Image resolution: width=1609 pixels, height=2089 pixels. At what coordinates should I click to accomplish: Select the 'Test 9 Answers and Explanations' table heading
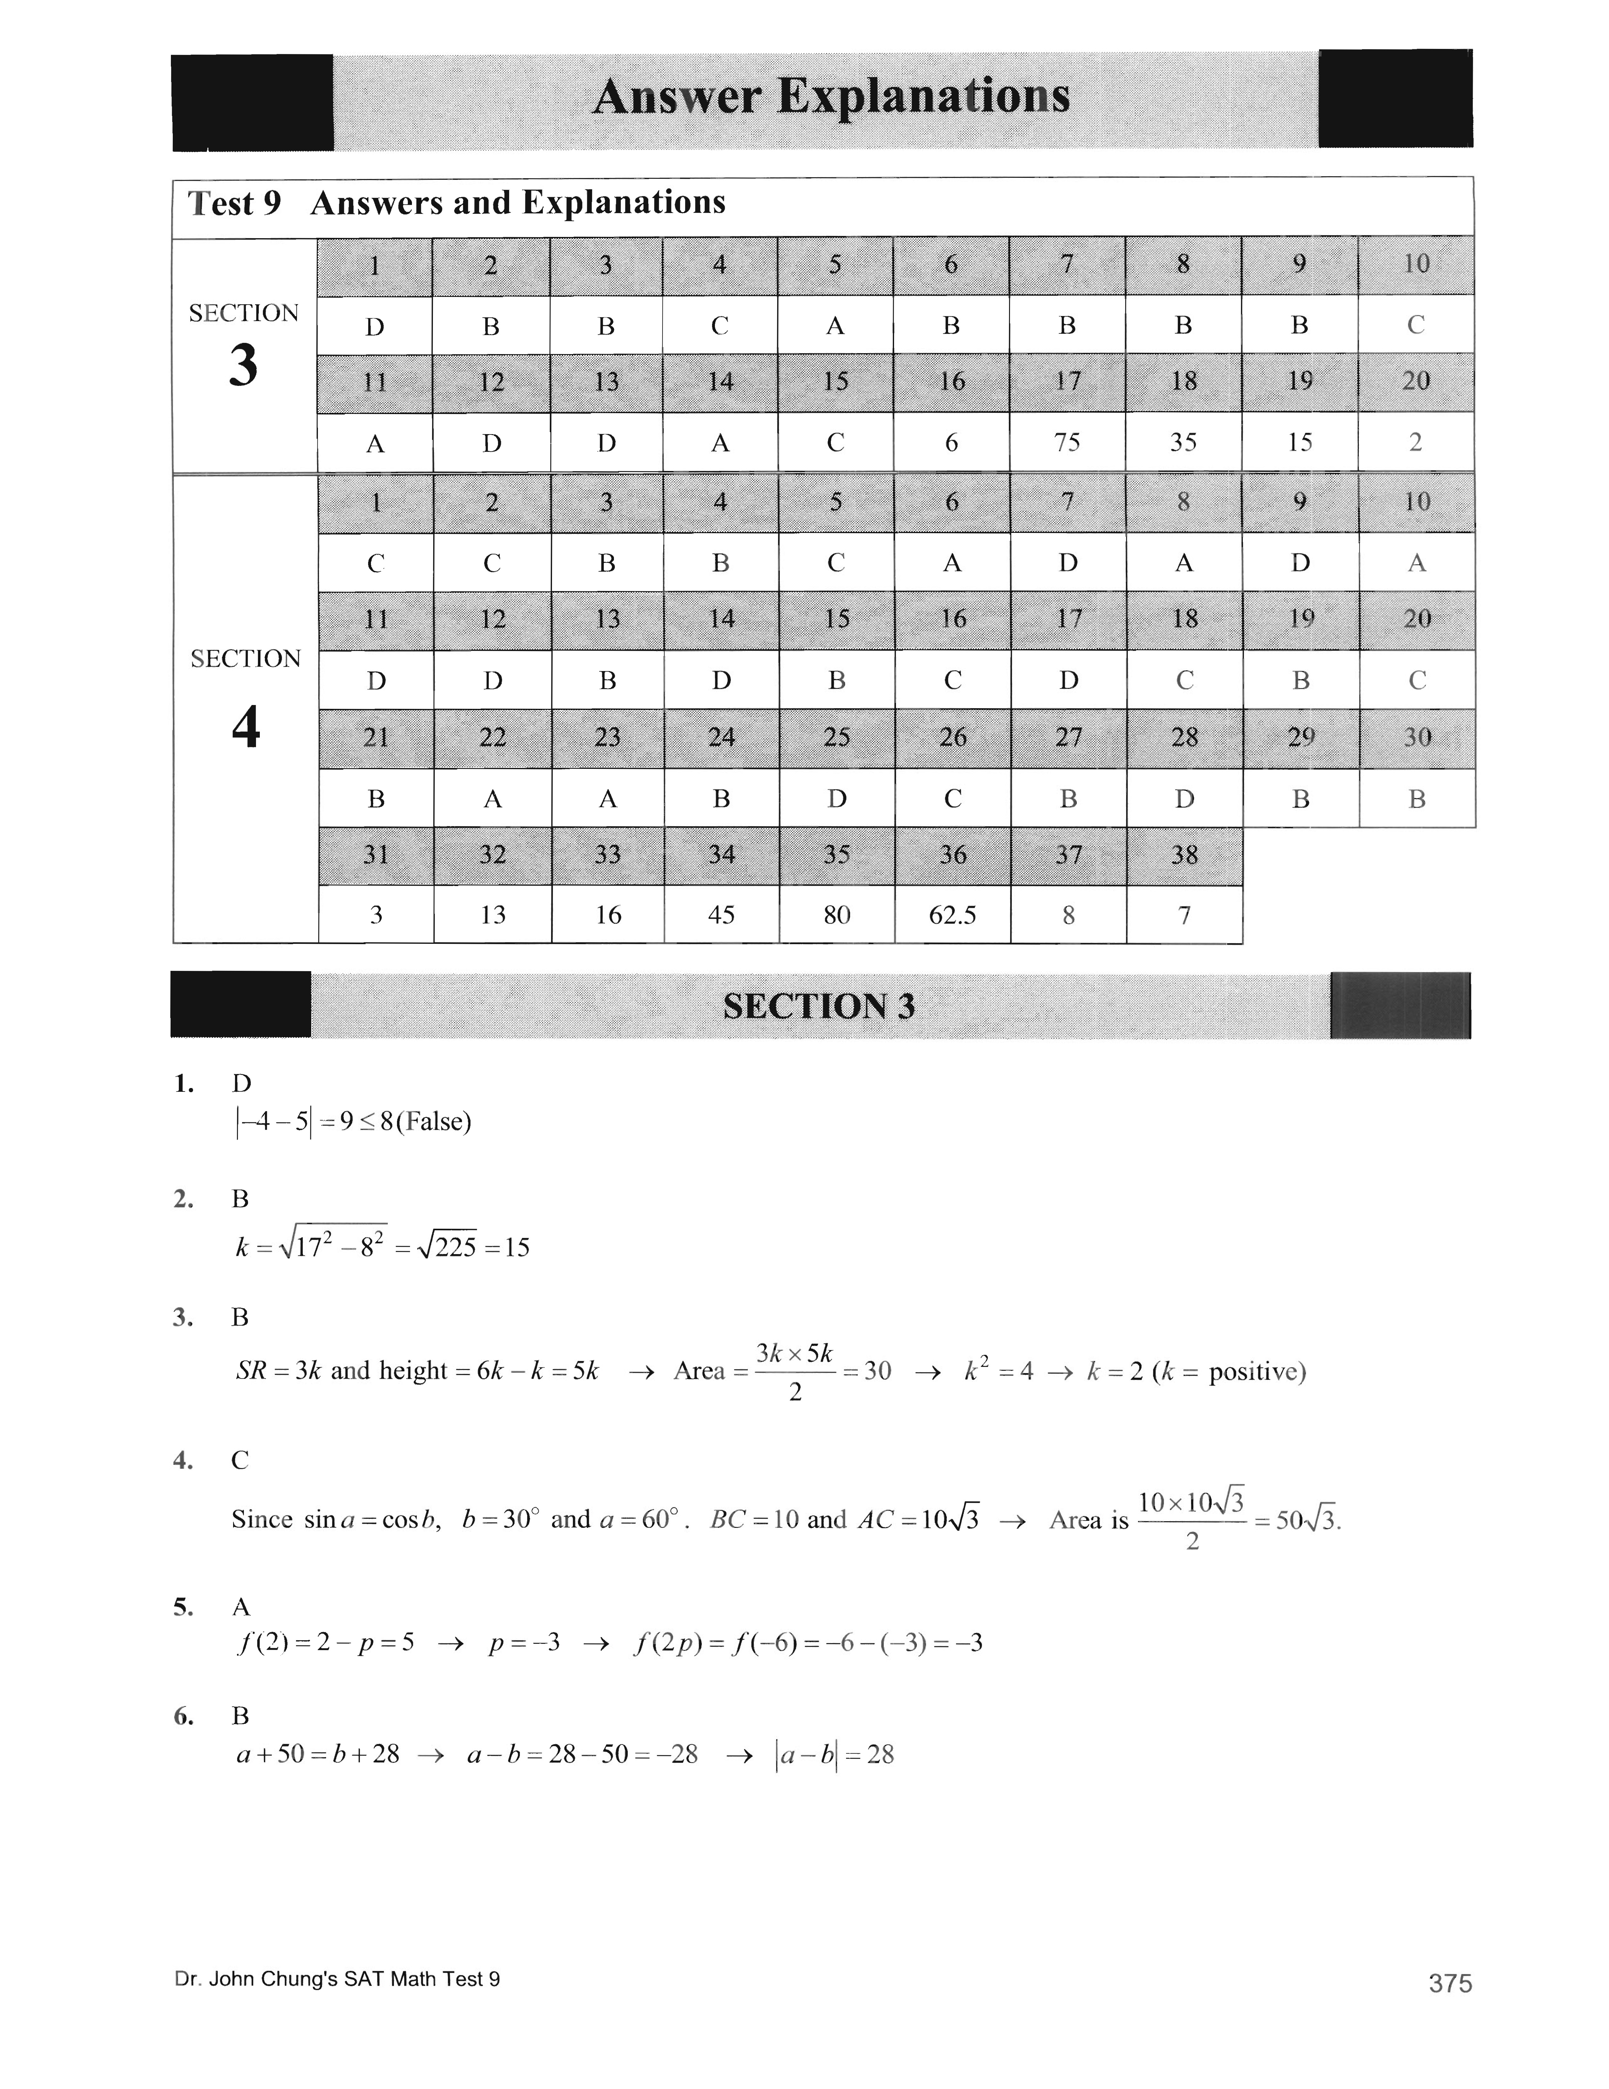coord(456,203)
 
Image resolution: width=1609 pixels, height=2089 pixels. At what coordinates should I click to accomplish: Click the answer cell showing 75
coord(1067,442)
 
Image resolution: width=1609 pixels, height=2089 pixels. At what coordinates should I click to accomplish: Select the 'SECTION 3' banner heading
coord(818,1006)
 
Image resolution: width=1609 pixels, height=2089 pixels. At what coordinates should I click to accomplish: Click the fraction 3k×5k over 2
coord(794,1372)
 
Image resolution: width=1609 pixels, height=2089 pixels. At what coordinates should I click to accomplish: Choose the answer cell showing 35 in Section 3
coord(1183,442)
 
